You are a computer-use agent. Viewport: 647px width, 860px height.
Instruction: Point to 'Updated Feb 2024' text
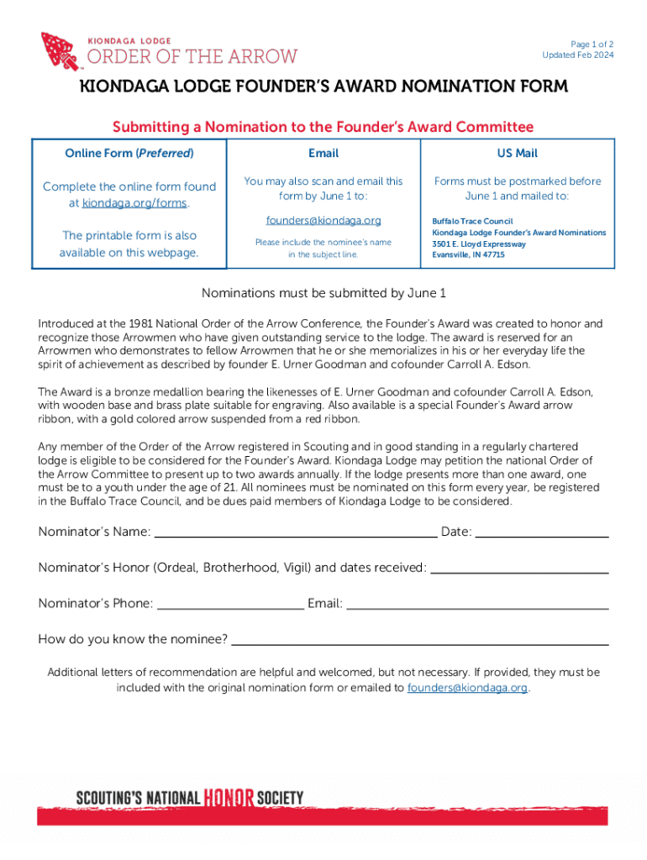point(578,55)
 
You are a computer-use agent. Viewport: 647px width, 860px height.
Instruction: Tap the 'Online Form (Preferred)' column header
point(129,153)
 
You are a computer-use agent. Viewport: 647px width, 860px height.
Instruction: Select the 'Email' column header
point(323,153)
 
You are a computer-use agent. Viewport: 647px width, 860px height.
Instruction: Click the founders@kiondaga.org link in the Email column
point(323,220)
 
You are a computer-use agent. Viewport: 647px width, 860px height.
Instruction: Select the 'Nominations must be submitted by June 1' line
point(323,293)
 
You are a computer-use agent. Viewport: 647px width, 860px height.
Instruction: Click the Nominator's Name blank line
point(296,532)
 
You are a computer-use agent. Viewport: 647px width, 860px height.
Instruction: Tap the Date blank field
point(542,532)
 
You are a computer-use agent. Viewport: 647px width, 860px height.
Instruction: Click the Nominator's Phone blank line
point(230,604)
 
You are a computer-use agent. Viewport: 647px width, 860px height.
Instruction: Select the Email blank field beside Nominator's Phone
point(477,604)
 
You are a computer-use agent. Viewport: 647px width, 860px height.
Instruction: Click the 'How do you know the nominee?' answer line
point(419,640)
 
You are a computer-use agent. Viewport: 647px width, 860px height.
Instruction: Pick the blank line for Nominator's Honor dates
point(519,569)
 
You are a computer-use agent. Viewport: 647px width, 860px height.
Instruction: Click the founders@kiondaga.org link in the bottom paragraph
point(467,688)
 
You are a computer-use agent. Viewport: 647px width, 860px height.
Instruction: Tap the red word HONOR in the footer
point(229,797)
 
